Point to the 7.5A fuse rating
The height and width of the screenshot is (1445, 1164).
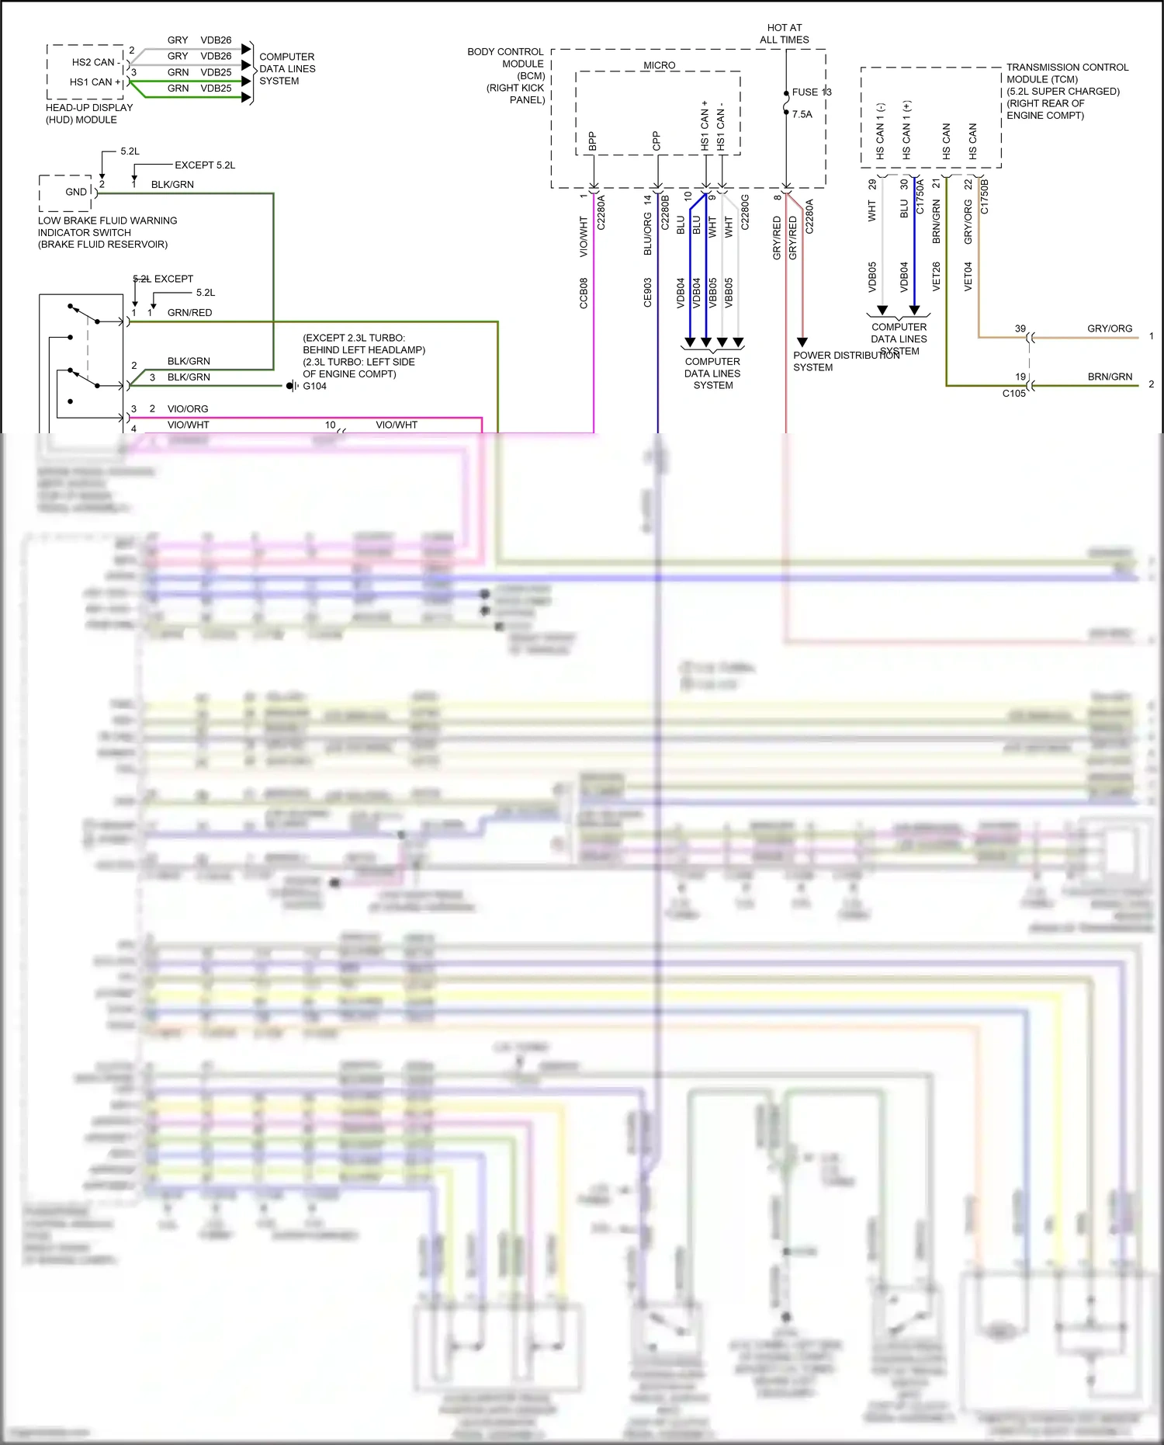pos(802,114)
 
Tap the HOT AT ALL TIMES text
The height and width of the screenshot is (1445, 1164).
pos(785,33)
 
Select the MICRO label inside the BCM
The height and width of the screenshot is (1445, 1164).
pos(659,65)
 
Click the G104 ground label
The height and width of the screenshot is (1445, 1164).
pos(314,386)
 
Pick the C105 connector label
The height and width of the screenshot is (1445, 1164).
pos(1013,393)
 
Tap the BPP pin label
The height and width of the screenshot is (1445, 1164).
pos(593,141)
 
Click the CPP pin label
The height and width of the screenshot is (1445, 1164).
pos(656,141)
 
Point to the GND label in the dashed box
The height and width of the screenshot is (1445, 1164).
pos(76,192)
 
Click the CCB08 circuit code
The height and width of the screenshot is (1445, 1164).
pos(584,293)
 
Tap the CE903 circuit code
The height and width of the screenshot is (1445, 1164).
pos(648,293)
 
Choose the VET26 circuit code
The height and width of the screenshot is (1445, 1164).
pos(936,276)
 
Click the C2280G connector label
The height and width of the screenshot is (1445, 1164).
pos(745,212)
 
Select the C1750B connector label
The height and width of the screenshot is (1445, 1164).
pos(985,196)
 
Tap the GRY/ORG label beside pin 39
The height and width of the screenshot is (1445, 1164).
pos(1109,328)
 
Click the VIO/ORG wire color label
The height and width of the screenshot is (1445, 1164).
pos(188,408)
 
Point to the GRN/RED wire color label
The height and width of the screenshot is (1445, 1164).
pos(189,312)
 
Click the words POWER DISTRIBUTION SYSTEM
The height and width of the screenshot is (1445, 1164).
pos(846,361)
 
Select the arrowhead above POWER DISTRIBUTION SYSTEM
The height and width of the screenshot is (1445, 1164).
pos(802,342)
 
